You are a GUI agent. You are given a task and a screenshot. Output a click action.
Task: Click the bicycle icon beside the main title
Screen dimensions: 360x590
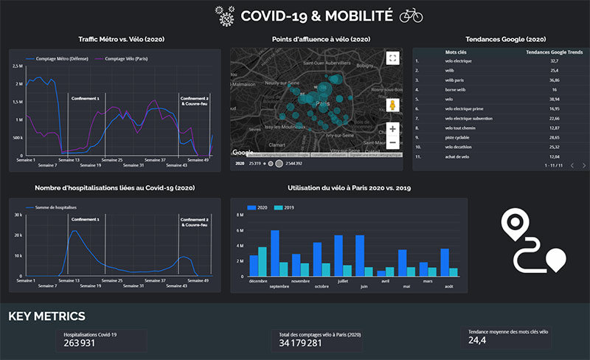(x=411, y=15)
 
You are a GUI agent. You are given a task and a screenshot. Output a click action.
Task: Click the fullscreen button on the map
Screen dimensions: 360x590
(x=392, y=58)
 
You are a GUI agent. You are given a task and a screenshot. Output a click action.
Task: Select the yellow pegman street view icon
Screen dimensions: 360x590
(x=392, y=105)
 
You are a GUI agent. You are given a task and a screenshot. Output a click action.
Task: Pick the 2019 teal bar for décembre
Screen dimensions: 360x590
(x=263, y=261)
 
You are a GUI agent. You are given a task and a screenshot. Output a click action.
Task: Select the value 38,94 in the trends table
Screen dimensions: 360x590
(x=554, y=98)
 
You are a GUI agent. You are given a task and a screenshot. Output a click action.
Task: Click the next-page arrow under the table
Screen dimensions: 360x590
(x=583, y=166)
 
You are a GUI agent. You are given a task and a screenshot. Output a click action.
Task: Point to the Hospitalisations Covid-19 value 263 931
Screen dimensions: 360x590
(x=80, y=342)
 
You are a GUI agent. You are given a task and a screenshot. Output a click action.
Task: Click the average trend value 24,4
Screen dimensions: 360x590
(x=478, y=340)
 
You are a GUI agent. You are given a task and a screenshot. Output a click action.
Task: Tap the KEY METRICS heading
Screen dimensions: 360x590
(x=46, y=316)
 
